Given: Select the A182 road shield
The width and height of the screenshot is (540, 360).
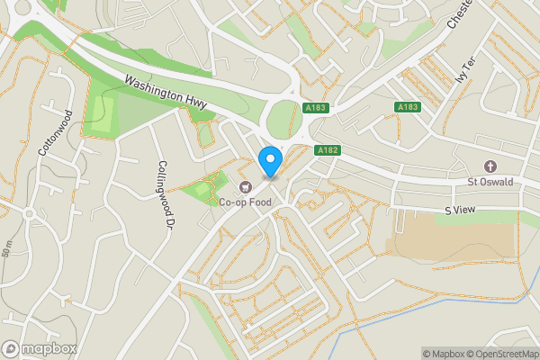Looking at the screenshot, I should pyautogui.click(x=326, y=150).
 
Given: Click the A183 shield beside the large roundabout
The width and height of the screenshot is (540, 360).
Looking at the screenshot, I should pyautogui.click(x=315, y=108).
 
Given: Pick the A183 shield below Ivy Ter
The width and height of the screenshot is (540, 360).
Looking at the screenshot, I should pyautogui.click(x=408, y=107).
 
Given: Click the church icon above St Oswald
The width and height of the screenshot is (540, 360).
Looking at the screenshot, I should pyautogui.click(x=490, y=166).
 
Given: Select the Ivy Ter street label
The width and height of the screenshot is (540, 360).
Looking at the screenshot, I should pyautogui.click(x=464, y=69).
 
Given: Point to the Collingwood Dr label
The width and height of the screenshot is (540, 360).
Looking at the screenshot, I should pyautogui.click(x=164, y=195).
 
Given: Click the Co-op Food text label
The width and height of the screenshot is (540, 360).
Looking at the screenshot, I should pyautogui.click(x=245, y=202).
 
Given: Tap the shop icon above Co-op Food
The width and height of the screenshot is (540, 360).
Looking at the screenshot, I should pyautogui.click(x=245, y=187).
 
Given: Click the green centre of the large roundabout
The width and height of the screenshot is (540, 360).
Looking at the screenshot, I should pyautogui.click(x=283, y=118).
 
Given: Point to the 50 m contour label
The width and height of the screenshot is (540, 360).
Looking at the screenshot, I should pyautogui.click(x=7, y=248).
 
